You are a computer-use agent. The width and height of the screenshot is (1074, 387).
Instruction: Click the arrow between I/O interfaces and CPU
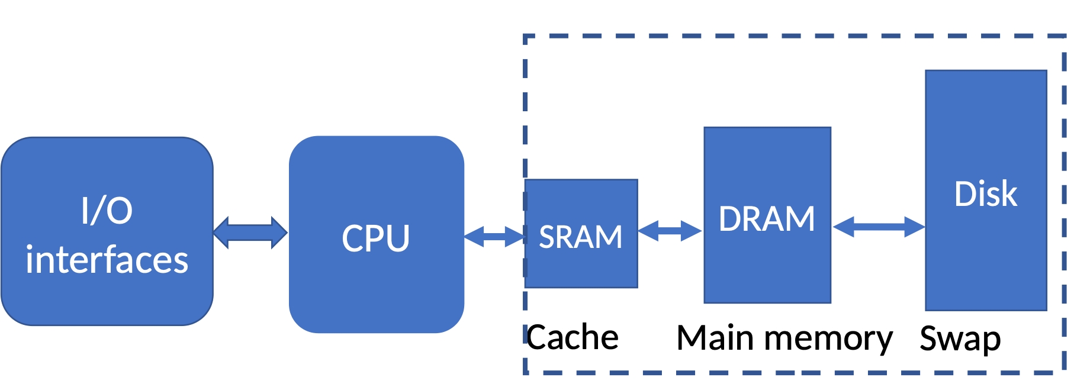click(x=250, y=232)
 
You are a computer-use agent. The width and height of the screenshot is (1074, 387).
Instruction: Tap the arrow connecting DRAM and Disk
click(x=879, y=227)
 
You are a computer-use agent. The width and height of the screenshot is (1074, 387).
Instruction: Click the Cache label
click(x=573, y=338)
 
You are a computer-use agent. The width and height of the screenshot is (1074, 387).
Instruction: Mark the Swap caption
click(x=960, y=339)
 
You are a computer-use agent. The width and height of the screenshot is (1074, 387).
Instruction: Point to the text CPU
click(x=376, y=238)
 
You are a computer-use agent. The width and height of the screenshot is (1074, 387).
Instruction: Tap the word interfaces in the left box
click(x=107, y=260)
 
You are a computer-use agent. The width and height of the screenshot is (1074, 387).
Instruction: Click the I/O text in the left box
click(x=107, y=211)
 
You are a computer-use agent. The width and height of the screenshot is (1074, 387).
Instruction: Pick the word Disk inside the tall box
click(x=986, y=194)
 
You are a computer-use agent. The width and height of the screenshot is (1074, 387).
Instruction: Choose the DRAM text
click(x=767, y=219)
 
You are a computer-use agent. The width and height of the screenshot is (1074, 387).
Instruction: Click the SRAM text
click(x=581, y=237)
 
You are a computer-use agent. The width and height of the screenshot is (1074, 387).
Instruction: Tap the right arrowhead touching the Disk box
click(x=915, y=227)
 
